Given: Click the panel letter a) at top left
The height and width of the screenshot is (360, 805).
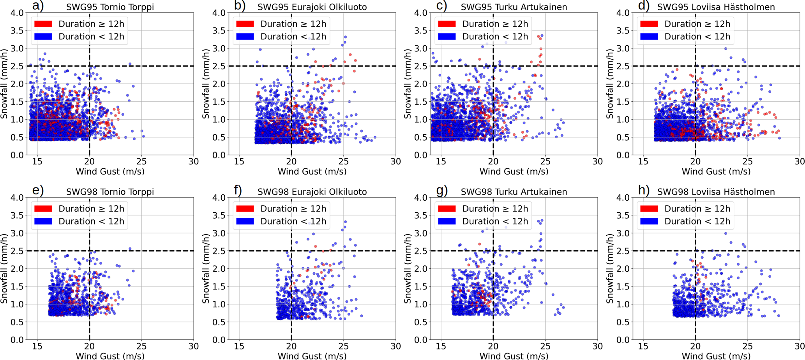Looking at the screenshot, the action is [x=38, y=6].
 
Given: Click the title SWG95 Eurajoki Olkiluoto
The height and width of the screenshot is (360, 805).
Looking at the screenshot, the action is [x=312, y=7].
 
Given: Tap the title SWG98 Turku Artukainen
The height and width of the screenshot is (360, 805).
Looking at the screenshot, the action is [x=514, y=192].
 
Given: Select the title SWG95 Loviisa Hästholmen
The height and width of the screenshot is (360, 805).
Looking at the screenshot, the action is [x=716, y=7].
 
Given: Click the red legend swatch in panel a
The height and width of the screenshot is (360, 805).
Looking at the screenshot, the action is [x=43, y=24].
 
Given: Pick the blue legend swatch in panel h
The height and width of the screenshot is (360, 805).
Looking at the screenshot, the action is [x=649, y=221].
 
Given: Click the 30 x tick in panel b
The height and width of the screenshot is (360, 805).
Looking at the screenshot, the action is [x=395, y=161].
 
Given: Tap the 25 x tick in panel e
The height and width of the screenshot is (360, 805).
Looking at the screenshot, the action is [x=141, y=346].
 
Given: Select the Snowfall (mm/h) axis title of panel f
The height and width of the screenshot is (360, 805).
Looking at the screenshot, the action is [x=206, y=268].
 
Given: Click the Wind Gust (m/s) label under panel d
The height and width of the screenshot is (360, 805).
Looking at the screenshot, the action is [x=716, y=171].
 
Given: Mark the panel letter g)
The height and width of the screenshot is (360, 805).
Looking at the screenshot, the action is [x=441, y=191].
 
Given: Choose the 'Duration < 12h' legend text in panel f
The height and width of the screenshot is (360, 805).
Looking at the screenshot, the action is [x=293, y=221].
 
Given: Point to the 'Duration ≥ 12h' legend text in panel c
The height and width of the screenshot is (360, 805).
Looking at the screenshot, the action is [x=495, y=24].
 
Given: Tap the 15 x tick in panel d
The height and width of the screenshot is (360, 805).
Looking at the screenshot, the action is [x=643, y=161].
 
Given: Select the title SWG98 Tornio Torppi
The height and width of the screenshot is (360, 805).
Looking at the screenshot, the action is [x=110, y=192].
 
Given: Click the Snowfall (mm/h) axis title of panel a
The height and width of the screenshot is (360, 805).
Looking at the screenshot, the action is [x=4, y=84].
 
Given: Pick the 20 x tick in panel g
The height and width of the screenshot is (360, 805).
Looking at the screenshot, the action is [x=493, y=346].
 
